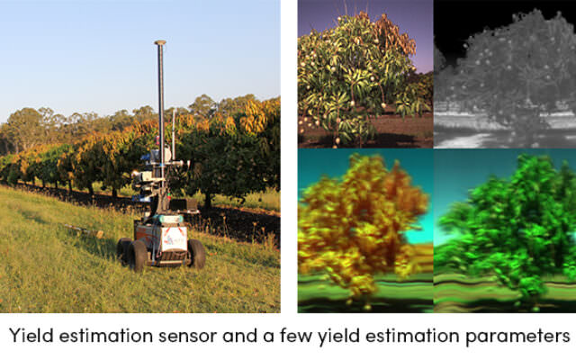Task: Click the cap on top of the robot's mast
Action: [x=160, y=42]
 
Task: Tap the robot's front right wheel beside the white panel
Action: [x=196, y=254]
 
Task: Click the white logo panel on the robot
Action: [x=174, y=238]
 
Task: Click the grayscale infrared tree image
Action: [x=505, y=74]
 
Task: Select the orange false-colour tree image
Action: [x=365, y=230]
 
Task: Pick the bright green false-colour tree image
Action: [x=505, y=230]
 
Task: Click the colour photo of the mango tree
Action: [x=365, y=74]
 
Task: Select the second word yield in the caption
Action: [x=338, y=337]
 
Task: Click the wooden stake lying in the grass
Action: [x=85, y=230]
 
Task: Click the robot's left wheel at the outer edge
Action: [x=124, y=251]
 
